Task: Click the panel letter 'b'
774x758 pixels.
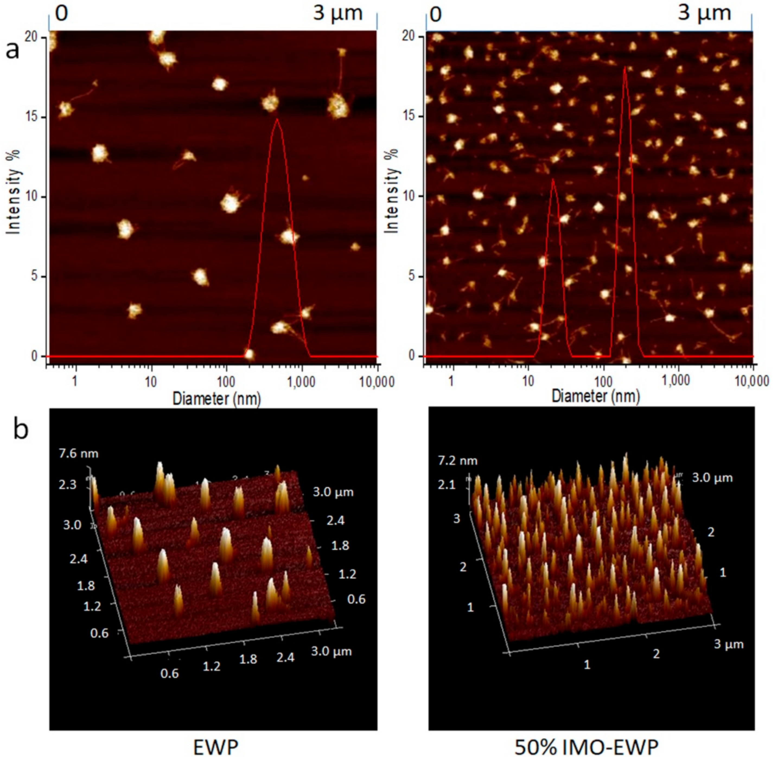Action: [x=21, y=429]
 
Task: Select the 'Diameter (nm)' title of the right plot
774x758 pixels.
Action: [x=595, y=396]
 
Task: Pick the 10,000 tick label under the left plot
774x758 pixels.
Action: [x=377, y=382]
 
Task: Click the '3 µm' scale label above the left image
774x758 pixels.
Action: [x=338, y=13]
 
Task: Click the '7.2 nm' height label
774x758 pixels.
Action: [x=457, y=461]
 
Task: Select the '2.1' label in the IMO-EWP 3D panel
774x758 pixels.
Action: [x=446, y=485]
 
